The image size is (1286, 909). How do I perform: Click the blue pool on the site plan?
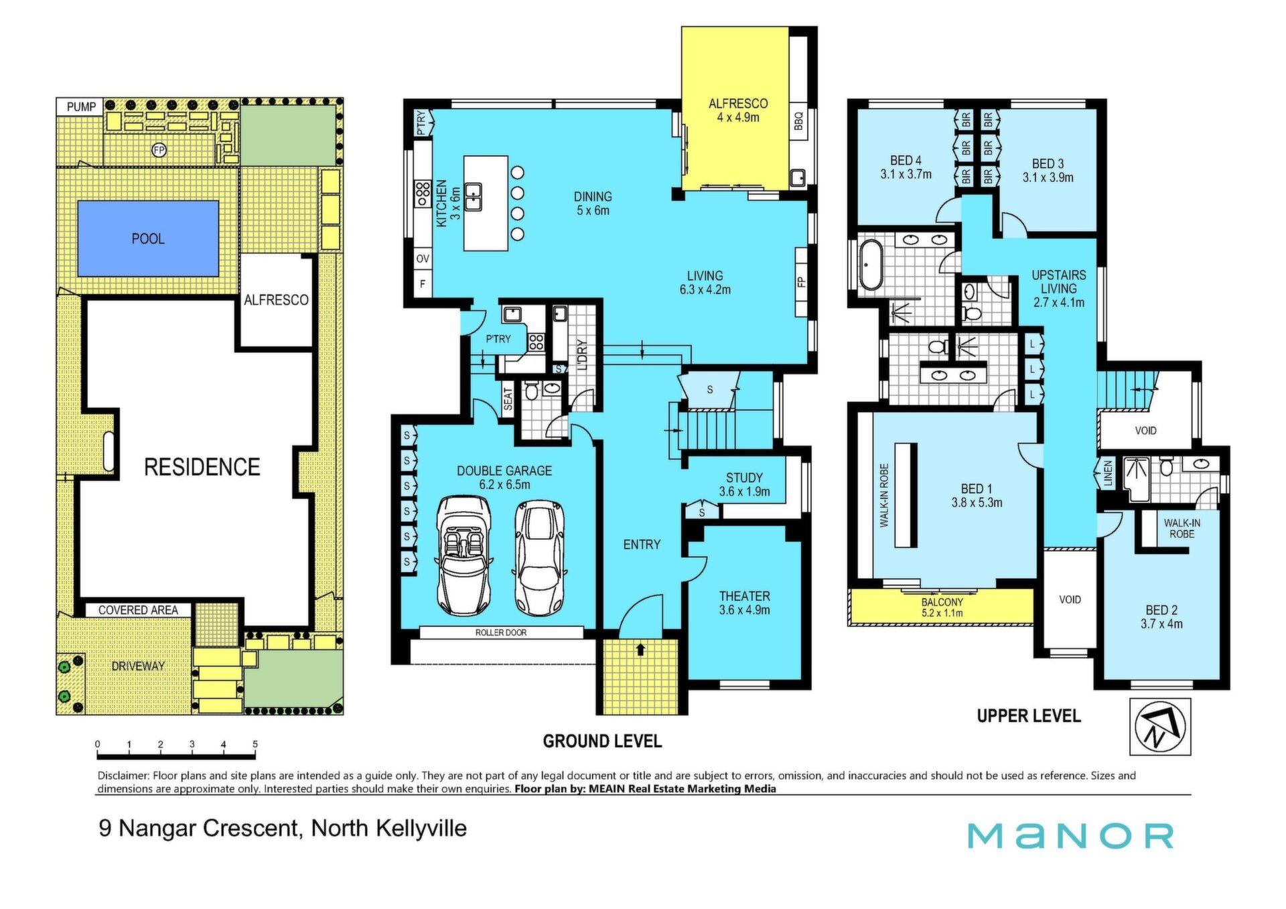click(148, 238)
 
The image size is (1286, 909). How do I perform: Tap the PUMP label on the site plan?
click(81, 107)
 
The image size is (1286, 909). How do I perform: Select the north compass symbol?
click(1160, 727)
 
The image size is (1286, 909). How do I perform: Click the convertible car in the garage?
click(463, 555)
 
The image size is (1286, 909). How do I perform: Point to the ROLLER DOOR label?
click(501, 632)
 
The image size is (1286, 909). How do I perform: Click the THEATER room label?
click(744, 596)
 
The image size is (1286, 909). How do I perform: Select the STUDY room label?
click(744, 478)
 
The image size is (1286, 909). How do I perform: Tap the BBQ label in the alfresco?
click(798, 121)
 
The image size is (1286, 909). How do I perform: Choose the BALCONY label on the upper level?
click(942, 602)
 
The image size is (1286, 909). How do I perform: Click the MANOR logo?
click(1070, 835)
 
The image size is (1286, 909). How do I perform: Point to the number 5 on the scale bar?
click(255, 744)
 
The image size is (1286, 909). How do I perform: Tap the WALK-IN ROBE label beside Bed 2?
click(1182, 529)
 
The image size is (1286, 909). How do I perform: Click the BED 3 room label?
click(1048, 163)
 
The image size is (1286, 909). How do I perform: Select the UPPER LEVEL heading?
click(1029, 716)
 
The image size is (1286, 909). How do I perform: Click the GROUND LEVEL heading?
click(602, 741)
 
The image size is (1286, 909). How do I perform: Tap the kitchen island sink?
click(474, 196)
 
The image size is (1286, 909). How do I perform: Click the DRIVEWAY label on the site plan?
click(138, 666)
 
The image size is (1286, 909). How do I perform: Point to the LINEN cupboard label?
click(1107, 473)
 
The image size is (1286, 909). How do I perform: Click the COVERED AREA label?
click(138, 610)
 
